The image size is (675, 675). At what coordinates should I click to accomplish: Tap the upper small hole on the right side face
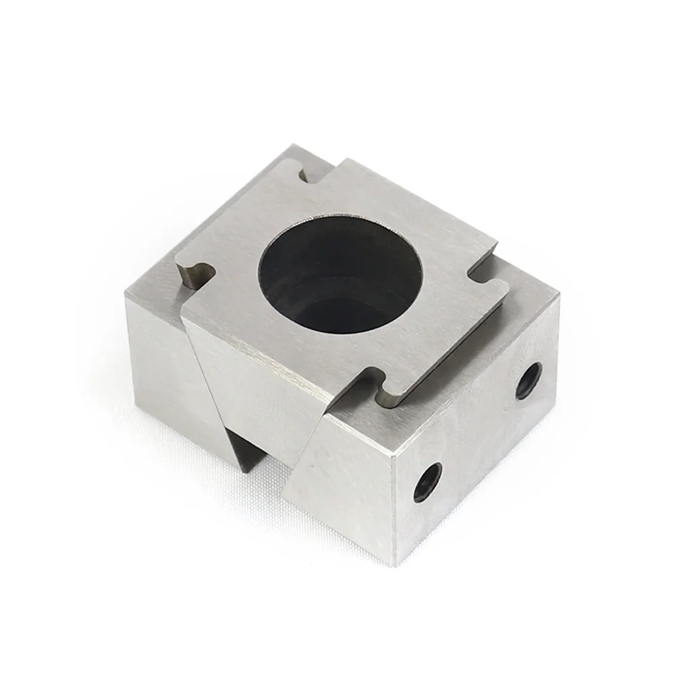pos(528,380)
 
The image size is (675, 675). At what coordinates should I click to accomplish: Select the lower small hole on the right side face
pos(427,481)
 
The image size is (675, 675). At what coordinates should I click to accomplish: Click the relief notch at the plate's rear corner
pos(310,175)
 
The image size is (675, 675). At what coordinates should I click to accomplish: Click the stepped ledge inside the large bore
pos(317,304)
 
